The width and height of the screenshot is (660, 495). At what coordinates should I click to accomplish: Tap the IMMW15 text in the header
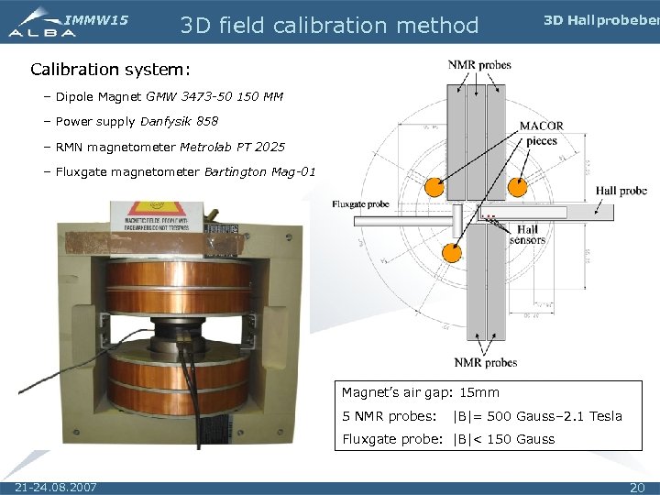(x=97, y=19)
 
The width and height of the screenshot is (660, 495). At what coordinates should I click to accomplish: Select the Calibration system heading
(x=111, y=69)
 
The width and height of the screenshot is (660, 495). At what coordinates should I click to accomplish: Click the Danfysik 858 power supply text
(x=180, y=121)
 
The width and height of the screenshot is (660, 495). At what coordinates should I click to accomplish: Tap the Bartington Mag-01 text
(x=259, y=171)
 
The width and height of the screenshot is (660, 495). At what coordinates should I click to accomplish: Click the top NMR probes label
(x=479, y=65)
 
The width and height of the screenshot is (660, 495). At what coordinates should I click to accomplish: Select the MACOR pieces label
(x=541, y=133)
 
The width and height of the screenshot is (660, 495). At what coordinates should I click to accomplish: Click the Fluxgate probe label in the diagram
(x=360, y=203)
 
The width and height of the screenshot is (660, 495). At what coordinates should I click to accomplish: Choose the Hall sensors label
(x=527, y=235)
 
